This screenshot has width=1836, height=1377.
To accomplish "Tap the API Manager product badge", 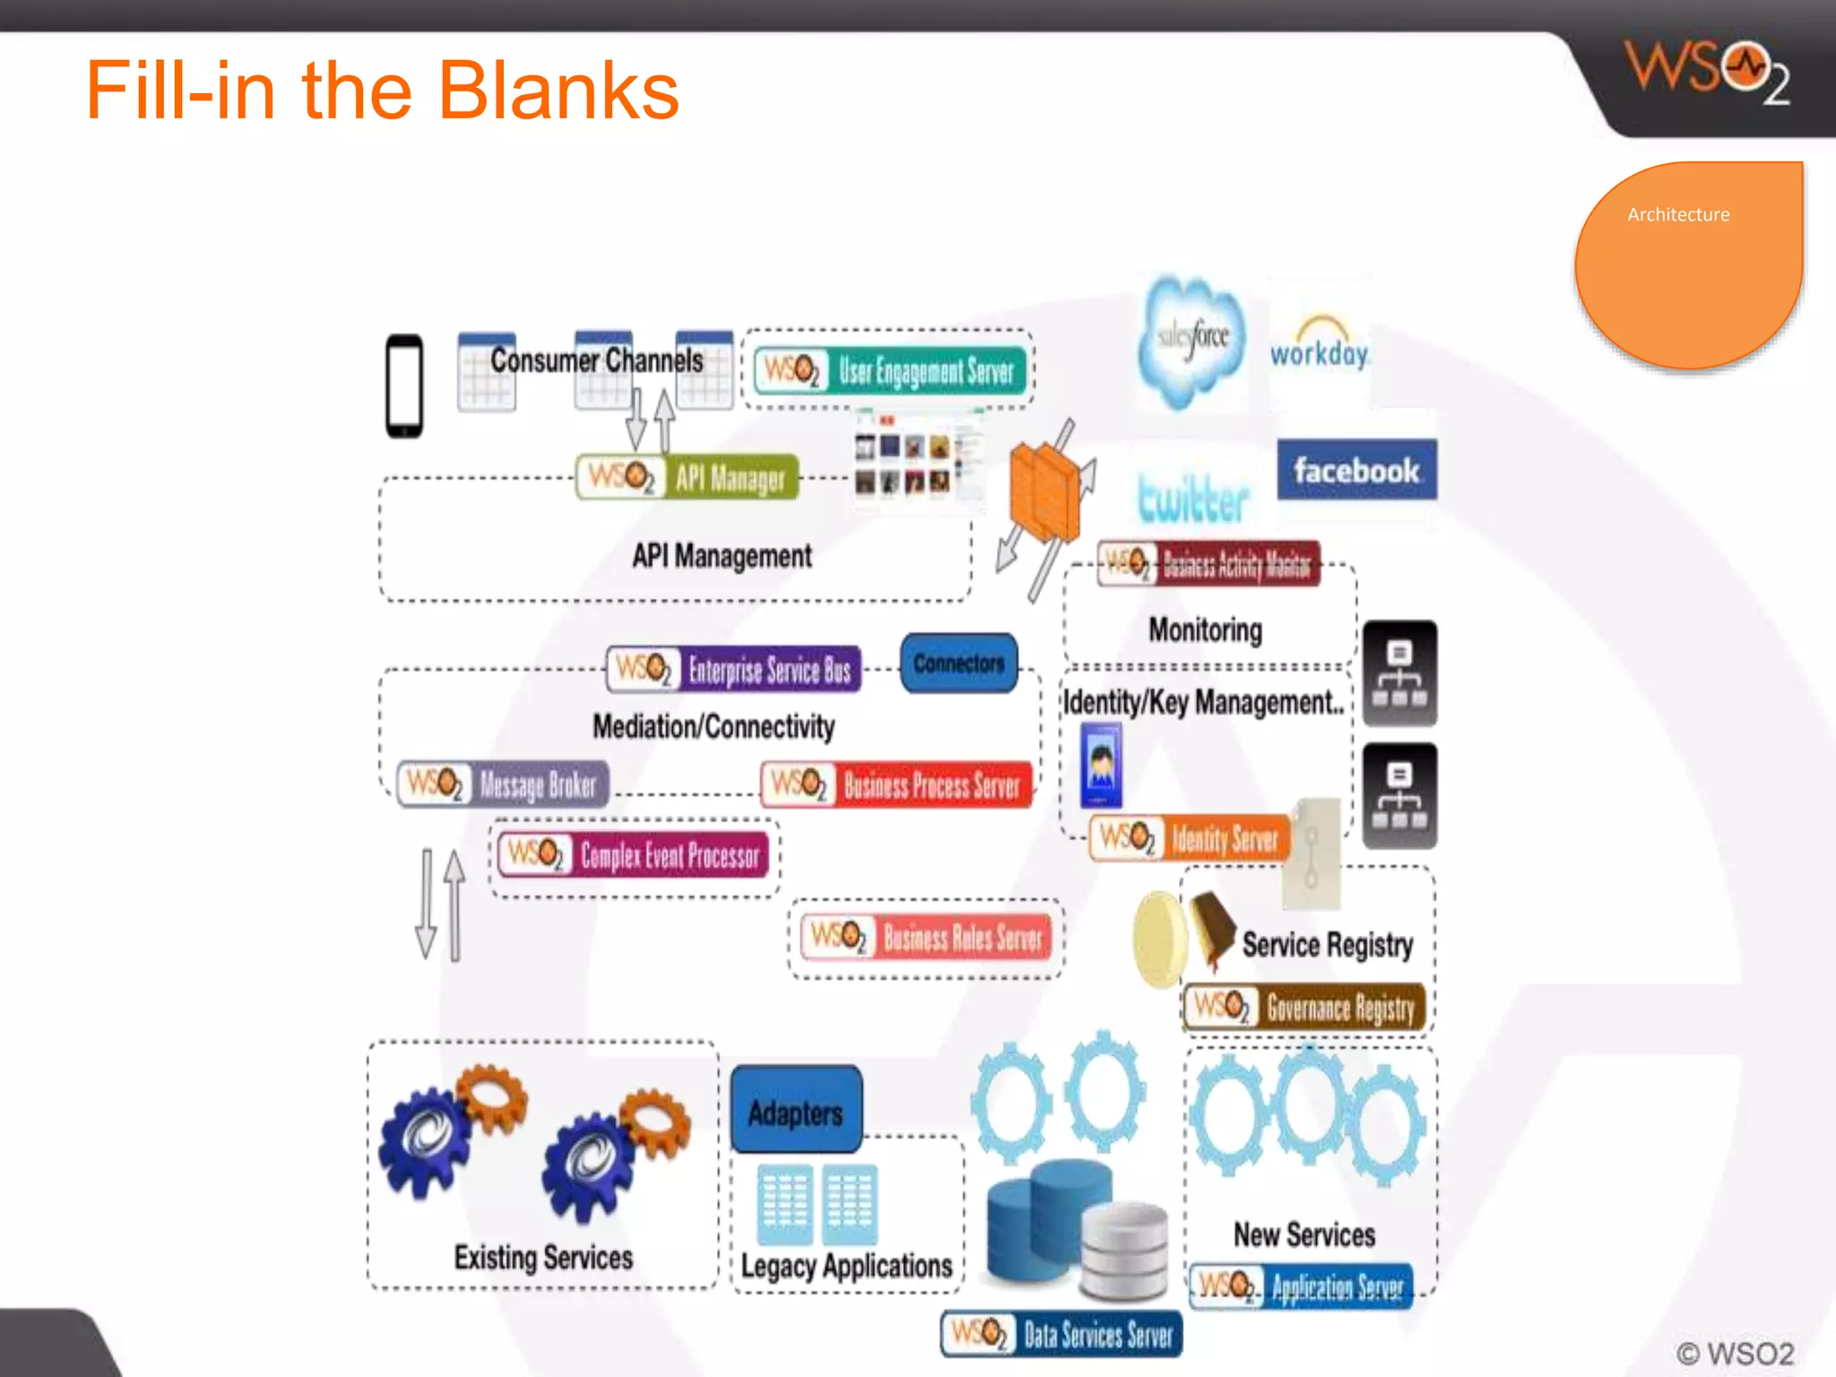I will click(688, 477).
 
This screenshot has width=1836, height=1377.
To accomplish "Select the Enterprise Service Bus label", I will click(734, 670).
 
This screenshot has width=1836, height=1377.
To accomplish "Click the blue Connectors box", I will click(959, 663).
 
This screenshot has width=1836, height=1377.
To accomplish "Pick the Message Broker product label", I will click(504, 784).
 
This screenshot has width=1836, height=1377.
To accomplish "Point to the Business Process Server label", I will click(896, 785).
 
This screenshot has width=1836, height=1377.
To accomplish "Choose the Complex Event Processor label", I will click(635, 854).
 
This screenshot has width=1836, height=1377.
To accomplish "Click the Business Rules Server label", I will click(926, 938).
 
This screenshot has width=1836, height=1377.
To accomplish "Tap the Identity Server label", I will click(1191, 839).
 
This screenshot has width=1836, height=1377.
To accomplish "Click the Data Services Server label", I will click(1062, 1335).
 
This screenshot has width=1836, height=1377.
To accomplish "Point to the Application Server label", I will click(1303, 1287).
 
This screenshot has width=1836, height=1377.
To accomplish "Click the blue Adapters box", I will click(796, 1112).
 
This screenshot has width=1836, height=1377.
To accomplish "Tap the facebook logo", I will click(1356, 470).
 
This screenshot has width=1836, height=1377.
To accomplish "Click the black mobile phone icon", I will click(404, 386).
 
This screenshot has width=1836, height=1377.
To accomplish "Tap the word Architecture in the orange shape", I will click(1678, 215).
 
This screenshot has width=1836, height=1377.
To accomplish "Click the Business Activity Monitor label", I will click(1209, 564).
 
